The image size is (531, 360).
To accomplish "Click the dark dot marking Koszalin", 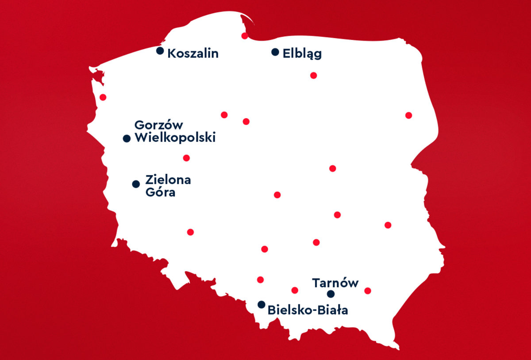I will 160,51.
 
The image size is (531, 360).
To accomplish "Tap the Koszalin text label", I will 193,54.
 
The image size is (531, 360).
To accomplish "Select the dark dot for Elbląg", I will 275,52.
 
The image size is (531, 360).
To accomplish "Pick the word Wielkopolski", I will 175,138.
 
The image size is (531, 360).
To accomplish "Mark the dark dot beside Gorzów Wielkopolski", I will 127,138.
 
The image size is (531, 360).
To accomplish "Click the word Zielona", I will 168,180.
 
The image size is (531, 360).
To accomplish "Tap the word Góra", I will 160,193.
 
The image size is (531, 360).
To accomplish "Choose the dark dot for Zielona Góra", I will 136,184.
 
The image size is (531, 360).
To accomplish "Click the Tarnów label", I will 335,283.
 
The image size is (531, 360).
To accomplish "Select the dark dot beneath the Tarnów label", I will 331,294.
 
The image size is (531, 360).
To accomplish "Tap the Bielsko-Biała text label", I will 308,310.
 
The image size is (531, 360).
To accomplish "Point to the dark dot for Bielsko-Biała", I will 262,305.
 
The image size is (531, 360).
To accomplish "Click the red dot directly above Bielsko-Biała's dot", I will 260,280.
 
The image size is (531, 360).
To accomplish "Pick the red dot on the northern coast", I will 245,36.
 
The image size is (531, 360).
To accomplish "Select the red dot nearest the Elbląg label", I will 313,75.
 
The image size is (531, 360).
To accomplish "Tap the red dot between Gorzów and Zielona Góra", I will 186,158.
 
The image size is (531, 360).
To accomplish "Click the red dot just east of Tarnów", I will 367,291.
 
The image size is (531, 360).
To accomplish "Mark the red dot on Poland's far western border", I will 103,97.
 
